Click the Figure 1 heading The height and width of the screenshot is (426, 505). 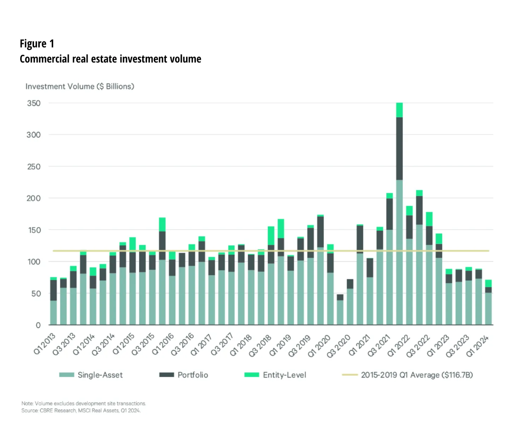tap(37, 44)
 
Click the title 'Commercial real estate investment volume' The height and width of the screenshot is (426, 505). tap(110, 59)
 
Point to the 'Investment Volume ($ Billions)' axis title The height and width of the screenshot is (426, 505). tap(80, 87)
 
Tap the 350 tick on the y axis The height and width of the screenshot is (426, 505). tap(34, 103)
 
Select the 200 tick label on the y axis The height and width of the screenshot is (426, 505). tap(34, 198)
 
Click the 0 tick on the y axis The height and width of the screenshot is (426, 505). tap(38, 325)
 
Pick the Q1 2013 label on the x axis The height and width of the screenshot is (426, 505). tap(45, 344)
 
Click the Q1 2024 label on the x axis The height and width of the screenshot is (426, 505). tap(477, 345)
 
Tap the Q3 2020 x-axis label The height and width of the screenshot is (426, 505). tap(338, 345)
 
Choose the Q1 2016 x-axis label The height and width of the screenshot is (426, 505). tap(163, 344)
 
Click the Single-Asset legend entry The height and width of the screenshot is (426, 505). tap(91, 375)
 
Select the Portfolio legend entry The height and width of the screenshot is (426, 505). tap(184, 375)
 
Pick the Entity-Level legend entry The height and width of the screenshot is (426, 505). tap(275, 375)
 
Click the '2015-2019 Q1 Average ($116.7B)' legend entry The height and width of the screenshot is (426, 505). tap(408, 375)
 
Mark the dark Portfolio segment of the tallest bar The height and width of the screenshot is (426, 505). tap(399, 148)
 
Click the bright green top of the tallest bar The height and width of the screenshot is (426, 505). tap(399, 110)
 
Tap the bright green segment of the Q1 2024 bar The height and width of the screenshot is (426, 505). tap(488, 283)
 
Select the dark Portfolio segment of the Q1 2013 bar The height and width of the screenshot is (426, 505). tap(54, 290)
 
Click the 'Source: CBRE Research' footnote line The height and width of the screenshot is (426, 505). tap(81, 411)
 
